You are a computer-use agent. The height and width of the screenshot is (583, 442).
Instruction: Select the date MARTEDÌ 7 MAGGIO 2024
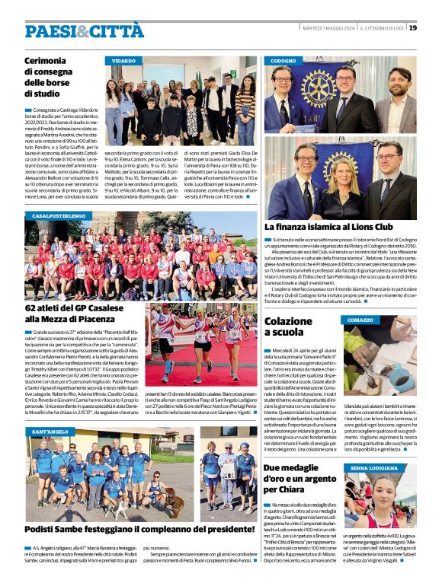pyautogui.click(x=326, y=28)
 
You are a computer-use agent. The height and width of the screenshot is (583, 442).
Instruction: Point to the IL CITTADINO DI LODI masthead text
pyautogui.click(x=381, y=28)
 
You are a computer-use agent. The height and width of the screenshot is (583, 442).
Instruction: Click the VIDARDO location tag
pyautogui.click(x=125, y=59)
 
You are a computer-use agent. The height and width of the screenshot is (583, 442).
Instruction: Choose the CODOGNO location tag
pyautogui.click(x=283, y=59)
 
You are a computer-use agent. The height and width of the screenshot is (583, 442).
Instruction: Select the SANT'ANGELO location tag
pyautogui.click(x=49, y=432)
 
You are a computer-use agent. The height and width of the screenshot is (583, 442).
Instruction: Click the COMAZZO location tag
pyautogui.click(x=360, y=320)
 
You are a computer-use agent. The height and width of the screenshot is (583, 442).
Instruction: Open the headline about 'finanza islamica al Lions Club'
pyautogui.click(x=328, y=227)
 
